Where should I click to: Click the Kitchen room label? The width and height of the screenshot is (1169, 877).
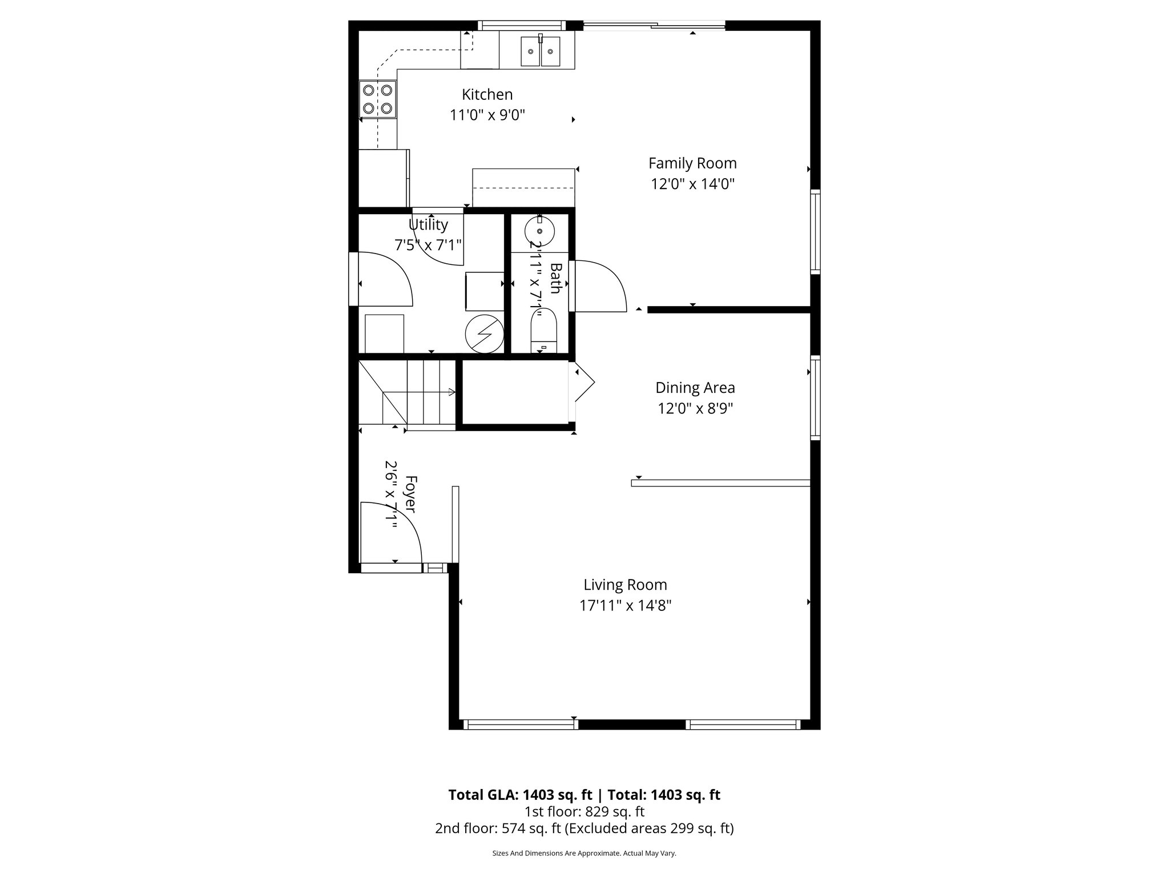(487, 94)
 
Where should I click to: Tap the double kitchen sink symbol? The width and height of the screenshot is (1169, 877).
(540, 51)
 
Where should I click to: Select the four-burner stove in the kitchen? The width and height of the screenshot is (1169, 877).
(377, 99)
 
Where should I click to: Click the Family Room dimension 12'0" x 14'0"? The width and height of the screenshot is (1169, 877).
(692, 184)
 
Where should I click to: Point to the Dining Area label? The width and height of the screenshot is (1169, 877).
(695, 388)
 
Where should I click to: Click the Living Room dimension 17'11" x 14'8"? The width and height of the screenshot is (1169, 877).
(625, 605)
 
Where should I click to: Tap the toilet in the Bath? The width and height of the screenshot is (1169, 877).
(543, 329)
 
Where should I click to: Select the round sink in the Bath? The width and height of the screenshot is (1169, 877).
(539, 232)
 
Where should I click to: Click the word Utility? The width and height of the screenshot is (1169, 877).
(428, 224)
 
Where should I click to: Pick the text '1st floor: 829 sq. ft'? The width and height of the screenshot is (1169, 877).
(584, 811)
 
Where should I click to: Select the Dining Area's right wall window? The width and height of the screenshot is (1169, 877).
(816, 397)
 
